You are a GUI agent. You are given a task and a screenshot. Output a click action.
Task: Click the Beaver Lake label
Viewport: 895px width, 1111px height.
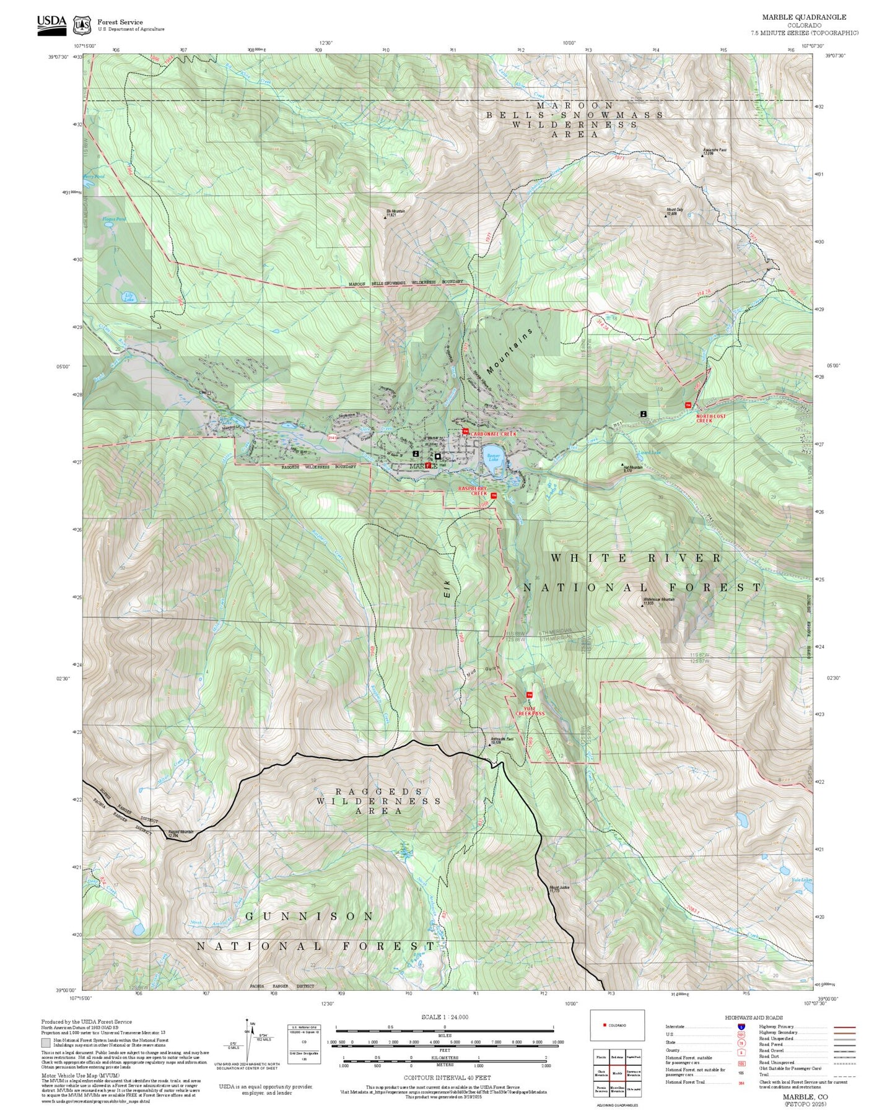pyautogui.click(x=493, y=457)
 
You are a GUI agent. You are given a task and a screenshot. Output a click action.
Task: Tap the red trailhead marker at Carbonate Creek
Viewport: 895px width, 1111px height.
pyautogui.click(x=466, y=432)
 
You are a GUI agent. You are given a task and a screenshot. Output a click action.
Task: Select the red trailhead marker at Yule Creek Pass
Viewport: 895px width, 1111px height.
pyautogui.click(x=529, y=695)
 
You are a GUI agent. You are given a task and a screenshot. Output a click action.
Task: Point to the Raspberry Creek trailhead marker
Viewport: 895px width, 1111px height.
pyautogui.click(x=494, y=495)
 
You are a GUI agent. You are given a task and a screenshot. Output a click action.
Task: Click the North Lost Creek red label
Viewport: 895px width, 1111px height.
pyautogui.click(x=710, y=418)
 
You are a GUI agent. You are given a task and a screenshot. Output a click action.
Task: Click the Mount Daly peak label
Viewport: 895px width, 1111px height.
pyautogui.click(x=675, y=211)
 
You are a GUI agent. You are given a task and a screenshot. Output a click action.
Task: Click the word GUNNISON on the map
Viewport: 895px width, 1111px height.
pyautogui.click(x=310, y=915)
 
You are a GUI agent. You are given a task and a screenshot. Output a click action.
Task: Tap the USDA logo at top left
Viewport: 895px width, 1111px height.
pyautogui.click(x=51, y=24)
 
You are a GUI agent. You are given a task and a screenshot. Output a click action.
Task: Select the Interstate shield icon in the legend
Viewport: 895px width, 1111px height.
pyautogui.click(x=741, y=1026)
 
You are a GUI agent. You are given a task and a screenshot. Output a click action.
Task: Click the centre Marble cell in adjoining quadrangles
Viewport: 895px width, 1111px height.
pyautogui.click(x=616, y=1073)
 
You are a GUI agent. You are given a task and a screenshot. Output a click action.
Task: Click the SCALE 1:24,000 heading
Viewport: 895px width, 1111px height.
pyautogui.click(x=444, y=1017)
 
